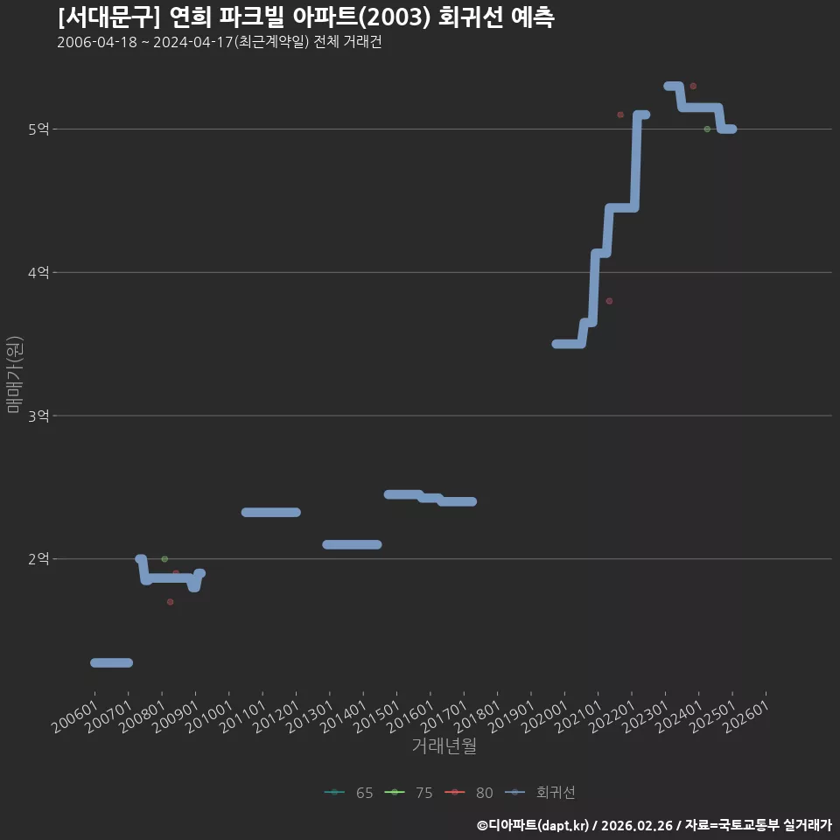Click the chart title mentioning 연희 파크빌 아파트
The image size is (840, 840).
(x=306, y=17)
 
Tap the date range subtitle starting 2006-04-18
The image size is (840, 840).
(x=219, y=42)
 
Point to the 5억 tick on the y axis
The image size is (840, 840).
(x=38, y=129)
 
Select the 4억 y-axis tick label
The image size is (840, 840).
(x=38, y=273)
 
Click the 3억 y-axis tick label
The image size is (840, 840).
(x=38, y=416)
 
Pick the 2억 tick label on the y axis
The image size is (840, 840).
(x=38, y=559)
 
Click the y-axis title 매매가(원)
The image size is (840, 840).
(x=15, y=374)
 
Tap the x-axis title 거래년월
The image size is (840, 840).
(x=444, y=745)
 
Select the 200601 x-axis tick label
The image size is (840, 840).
(x=75, y=717)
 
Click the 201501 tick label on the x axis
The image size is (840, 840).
(x=377, y=717)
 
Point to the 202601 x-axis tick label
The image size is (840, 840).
(x=746, y=717)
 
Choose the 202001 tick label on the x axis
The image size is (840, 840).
(x=545, y=717)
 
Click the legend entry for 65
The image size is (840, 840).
(x=349, y=793)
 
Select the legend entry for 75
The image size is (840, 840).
(x=409, y=793)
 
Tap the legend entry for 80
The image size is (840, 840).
(x=469, y=793)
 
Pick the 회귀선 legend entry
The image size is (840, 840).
(x=540, y=793)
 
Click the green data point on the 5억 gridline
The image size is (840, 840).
(x=707, y=129)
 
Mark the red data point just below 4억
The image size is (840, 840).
(x=609, y=301)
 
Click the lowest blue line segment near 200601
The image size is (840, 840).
(x=111, y=662)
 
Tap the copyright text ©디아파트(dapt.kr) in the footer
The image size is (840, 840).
(x=533, y=825)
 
